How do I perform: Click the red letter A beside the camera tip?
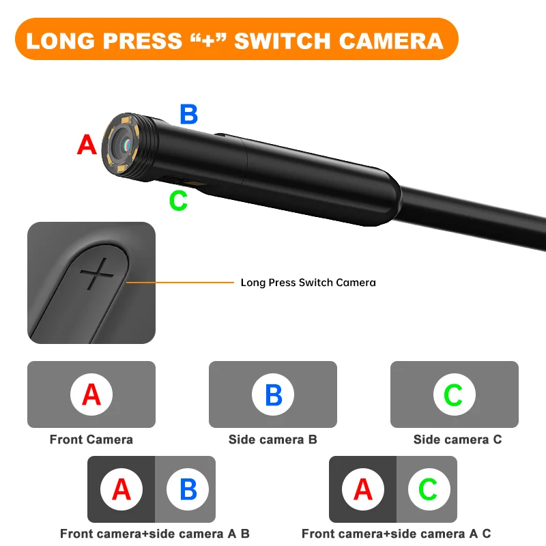pos(87,145)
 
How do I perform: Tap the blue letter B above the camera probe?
pos(189,114)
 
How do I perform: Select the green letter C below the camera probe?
pos(178,201)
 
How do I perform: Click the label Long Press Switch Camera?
pos(308,282)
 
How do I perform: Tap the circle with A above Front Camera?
pos(91,394)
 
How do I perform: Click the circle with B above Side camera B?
pos(273,394)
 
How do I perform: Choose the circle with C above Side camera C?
pos(454,394)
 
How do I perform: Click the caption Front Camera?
pos(91,440)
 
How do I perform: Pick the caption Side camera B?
pos(273,440)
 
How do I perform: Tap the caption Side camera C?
pos(457,440)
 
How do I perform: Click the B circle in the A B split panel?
pos(187,489)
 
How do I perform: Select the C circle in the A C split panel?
pos(428,489)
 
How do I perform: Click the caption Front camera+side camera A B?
pos(155,534)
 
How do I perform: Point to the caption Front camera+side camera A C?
pos(396,534)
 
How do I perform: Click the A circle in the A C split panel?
pos(363,489)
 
